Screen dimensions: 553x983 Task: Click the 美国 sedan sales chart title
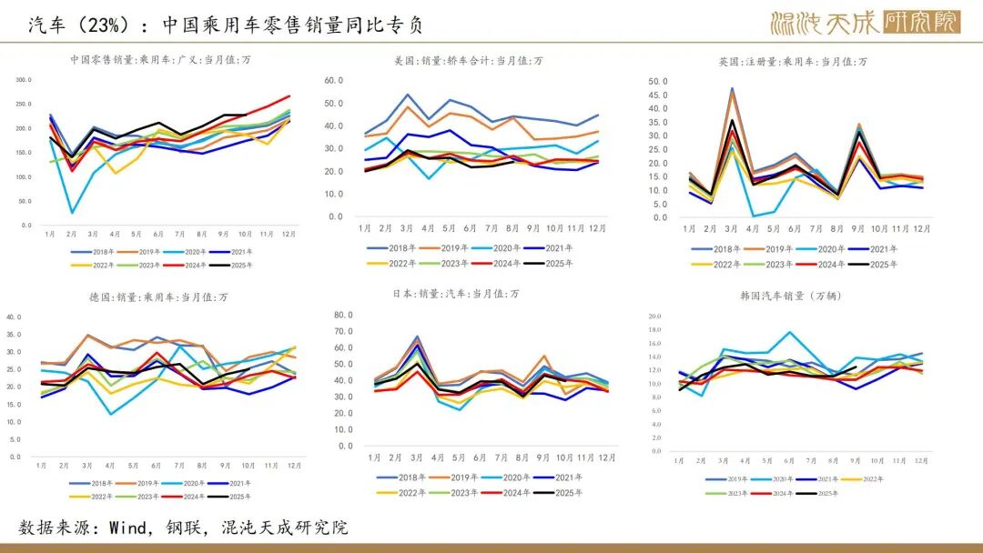[468, 60]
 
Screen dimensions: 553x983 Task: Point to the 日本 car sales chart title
[468, 294]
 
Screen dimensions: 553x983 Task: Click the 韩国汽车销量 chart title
[785, 296]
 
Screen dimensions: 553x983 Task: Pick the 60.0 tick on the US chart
[334, 80]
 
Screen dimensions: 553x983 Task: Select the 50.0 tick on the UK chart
[658, 82]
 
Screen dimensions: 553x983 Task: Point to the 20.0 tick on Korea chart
[654, 317]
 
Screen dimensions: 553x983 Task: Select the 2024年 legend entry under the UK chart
[826, 264]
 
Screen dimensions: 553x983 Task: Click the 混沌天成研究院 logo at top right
[864, 23]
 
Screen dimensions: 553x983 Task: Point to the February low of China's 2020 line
[72, 213]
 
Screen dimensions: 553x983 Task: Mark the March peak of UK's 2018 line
[732, 89]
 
